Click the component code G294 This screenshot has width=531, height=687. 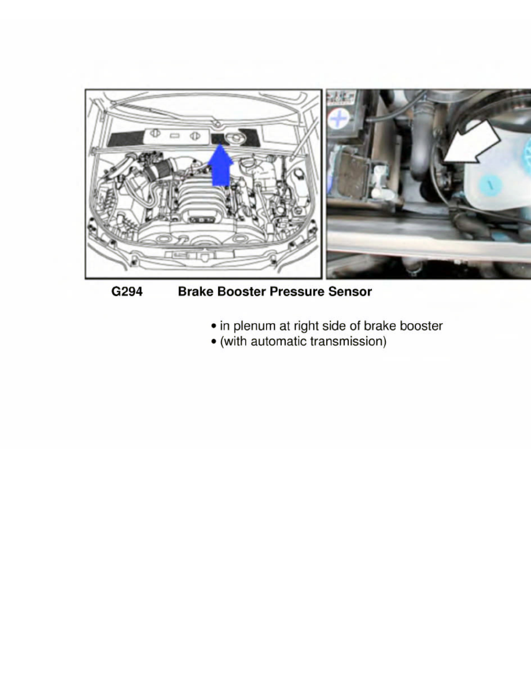127,292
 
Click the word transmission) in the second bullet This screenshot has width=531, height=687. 348,342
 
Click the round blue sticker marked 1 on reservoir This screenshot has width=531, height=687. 489,185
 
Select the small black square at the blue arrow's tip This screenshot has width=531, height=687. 218,138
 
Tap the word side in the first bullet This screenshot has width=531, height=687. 337,326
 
